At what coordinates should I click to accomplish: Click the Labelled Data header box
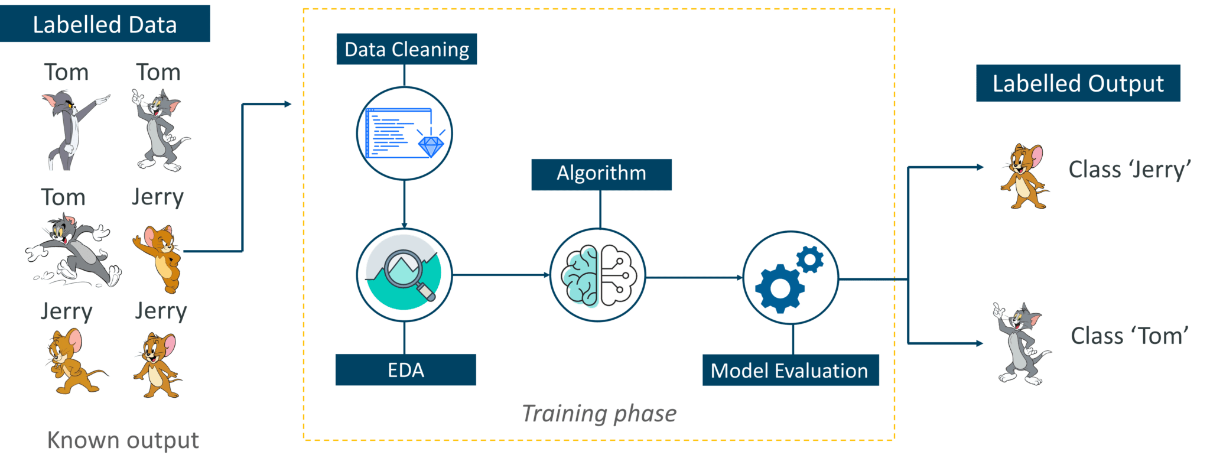[105, 24]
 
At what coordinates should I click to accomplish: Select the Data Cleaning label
[406, 49]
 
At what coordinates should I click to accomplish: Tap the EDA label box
[405, 370]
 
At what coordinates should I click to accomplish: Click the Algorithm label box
[601, 174]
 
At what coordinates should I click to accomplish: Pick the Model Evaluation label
[790, 371]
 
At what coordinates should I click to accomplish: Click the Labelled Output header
[1078, 83]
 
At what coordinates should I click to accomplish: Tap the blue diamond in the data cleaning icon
[431, 146]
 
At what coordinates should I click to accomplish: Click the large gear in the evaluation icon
[779, 288]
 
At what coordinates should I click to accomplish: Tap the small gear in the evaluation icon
[810, 259]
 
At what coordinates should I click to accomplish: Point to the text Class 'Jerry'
[1129, 170]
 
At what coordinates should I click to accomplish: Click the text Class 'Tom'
[1129, 336]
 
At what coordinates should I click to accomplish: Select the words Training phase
[599, 414]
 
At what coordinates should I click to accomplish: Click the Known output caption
[123, 440]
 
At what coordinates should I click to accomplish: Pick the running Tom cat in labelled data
[73, 251]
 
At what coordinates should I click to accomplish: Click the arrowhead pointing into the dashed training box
[288, 104]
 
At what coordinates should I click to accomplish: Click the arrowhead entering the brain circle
[547, 275]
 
